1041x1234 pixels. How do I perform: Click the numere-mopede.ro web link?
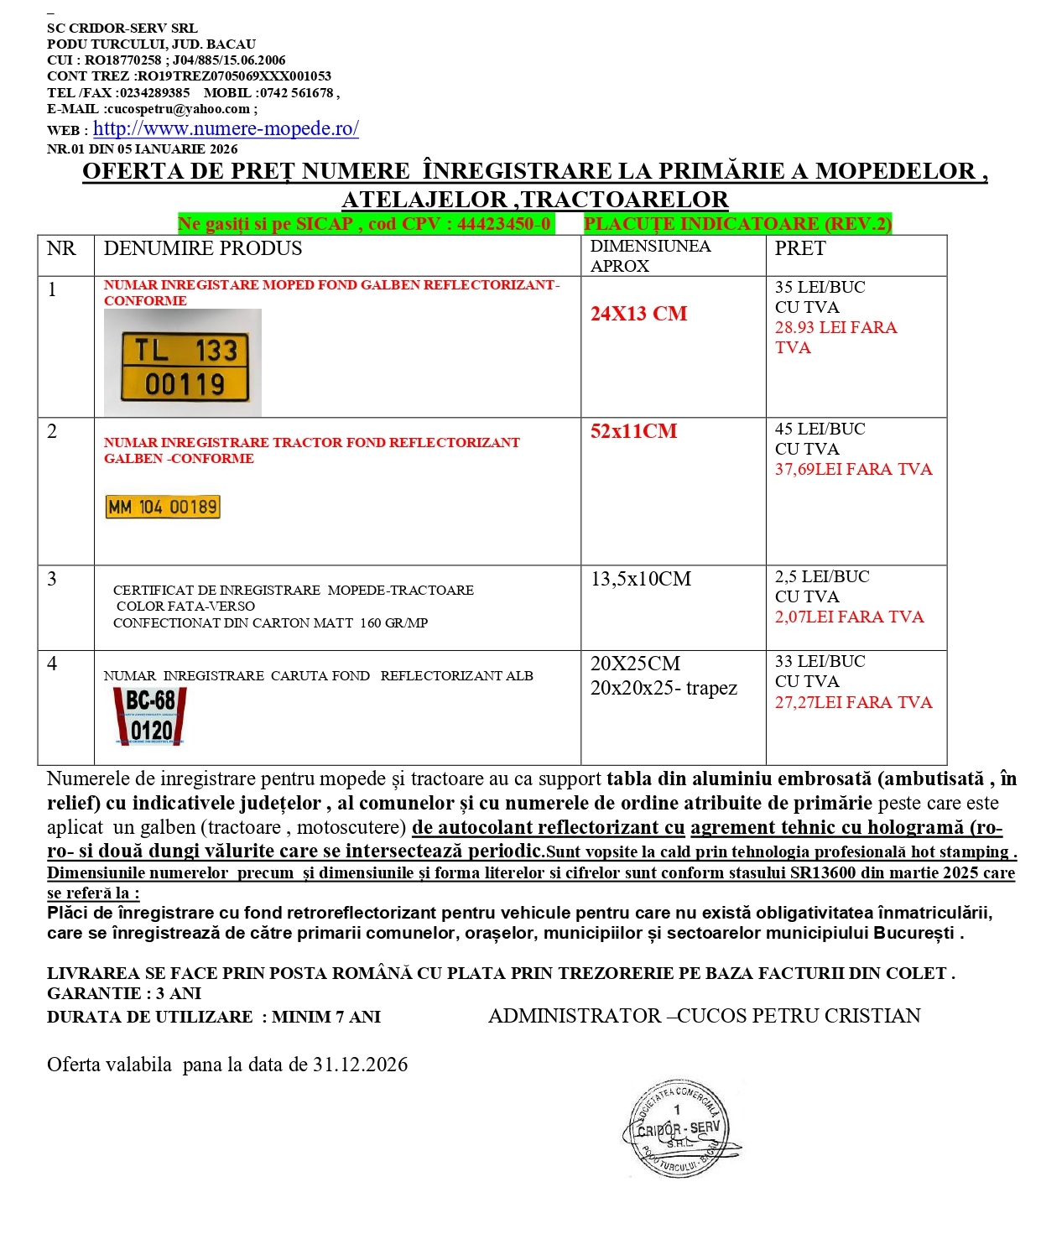click(226, 128)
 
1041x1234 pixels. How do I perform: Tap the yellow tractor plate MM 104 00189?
click(163, 507)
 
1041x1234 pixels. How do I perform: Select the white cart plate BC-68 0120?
click(150, 716)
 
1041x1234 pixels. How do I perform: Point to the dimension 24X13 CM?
click(638, 314)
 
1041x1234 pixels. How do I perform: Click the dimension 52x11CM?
click(633, 431)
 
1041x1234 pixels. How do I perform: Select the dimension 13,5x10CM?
click(641, 579)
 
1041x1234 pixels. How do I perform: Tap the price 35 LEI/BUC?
click(820, 287)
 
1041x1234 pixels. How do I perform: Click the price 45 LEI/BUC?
click(820, 429)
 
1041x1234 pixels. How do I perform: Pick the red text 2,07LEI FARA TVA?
click(849, 617)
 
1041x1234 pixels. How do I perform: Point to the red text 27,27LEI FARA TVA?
click(853, 702)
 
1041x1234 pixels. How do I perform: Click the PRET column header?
click(800, 248)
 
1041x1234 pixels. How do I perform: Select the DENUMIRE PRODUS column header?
click(203, 248)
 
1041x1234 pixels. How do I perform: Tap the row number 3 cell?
click(53, 579)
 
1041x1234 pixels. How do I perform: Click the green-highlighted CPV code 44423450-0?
click(503, 224)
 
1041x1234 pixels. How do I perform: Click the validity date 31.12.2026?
click(360, 1065)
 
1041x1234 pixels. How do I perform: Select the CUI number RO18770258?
click(122, 60)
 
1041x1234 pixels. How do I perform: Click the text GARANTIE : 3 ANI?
click(124, 993)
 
